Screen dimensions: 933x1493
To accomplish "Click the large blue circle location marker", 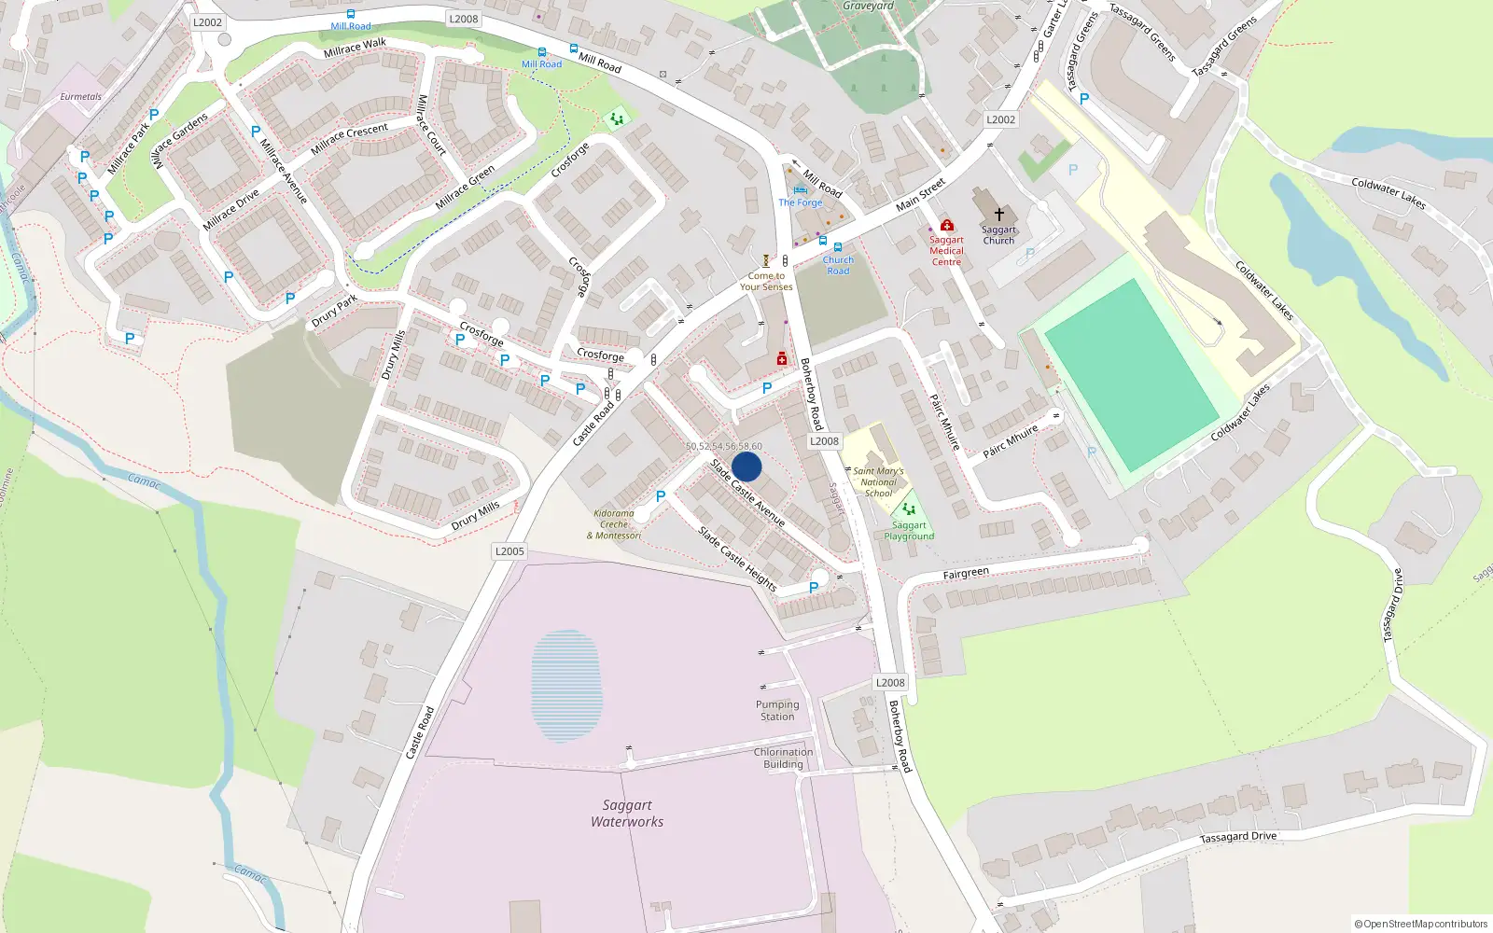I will pyautogui.click(x=746, y=466).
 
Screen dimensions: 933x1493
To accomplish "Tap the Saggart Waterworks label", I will pyautogui.click(x=627, y=814).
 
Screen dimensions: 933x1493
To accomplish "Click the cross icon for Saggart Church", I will pyautogui.click(x=998, y=215).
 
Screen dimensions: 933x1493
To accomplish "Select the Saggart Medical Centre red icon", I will pyautogui.click(x=946, y=226).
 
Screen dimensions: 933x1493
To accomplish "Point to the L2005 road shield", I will pyautogui.click(x=509, y=551).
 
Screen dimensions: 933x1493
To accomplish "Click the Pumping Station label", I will pyautogui.click(x=777, y=711).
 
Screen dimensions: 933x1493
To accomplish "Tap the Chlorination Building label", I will pyautogui.click(x=783, y=758).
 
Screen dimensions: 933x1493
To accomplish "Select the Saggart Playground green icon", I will pyautogui.click(x=909, y=509).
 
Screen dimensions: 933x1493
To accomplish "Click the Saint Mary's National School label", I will pyautogui.click(x=878, y=482).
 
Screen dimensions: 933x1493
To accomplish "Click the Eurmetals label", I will pyautogui.click(x=81, y=96).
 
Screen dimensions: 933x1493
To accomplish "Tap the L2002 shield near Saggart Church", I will pyautogui.click(x=1000, y=119).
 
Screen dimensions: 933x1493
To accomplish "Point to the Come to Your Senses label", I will pyautogui.click(x=766, y=281).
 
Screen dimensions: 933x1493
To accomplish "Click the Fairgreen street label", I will pyautogui.click(x=966, y=573).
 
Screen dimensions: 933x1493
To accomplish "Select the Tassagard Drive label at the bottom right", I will pyautogui.click(x=1237, y=837).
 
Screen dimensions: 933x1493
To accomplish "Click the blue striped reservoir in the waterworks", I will pyautogui.click(x=566, y=686).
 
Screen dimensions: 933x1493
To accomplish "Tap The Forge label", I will pyautogui.click(x=801, y=202).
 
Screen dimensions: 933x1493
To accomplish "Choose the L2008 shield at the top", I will pyautogui.click(x=464, y=19).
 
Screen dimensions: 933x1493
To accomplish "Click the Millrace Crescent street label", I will pyautogui.click(x=350, y=138).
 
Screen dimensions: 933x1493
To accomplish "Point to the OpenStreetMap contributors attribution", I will pyautogui.click(x=1421, y=924).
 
